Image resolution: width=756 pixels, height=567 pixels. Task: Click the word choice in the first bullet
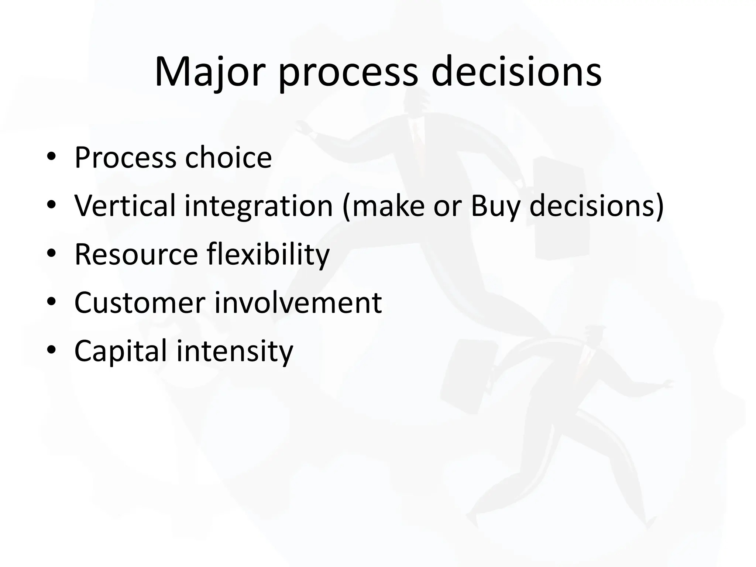point(228,158)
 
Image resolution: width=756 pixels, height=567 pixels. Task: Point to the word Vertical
point(125,206)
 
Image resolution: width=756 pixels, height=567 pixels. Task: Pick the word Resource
point(136,254)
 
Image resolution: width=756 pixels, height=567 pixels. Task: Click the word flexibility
point(268,255)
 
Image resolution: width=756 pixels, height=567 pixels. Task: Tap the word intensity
point(235,351)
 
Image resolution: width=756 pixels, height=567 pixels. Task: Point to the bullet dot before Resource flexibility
point(51,254)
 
